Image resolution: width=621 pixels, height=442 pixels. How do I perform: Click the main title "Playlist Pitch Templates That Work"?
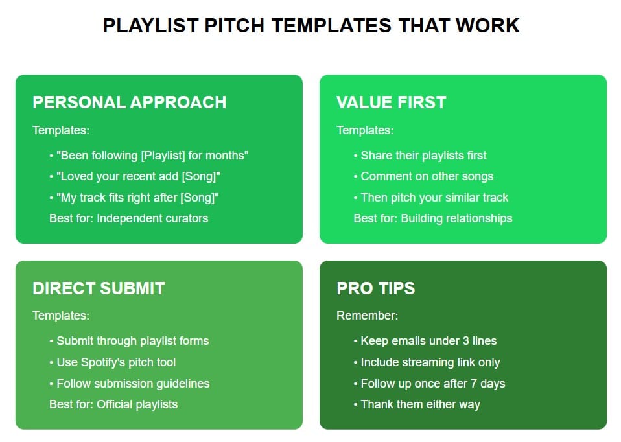click(310, 26)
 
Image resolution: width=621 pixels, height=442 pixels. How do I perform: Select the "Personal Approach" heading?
click(129, 102)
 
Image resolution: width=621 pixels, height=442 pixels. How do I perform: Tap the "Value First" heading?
click(391, 102)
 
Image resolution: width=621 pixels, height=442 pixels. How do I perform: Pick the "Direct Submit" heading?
click(99, 288)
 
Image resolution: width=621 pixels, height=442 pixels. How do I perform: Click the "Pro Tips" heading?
click(375, 288)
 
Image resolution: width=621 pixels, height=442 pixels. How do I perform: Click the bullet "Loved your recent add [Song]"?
click(139, 176)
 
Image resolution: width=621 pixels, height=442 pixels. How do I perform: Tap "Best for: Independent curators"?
click(128, 218)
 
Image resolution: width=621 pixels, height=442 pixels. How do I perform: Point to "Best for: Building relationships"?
click(432, 218)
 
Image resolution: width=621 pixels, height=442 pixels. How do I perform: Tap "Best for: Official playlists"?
click(113, 404)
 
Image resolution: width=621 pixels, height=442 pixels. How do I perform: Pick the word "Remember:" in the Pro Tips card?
click(367, 316)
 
